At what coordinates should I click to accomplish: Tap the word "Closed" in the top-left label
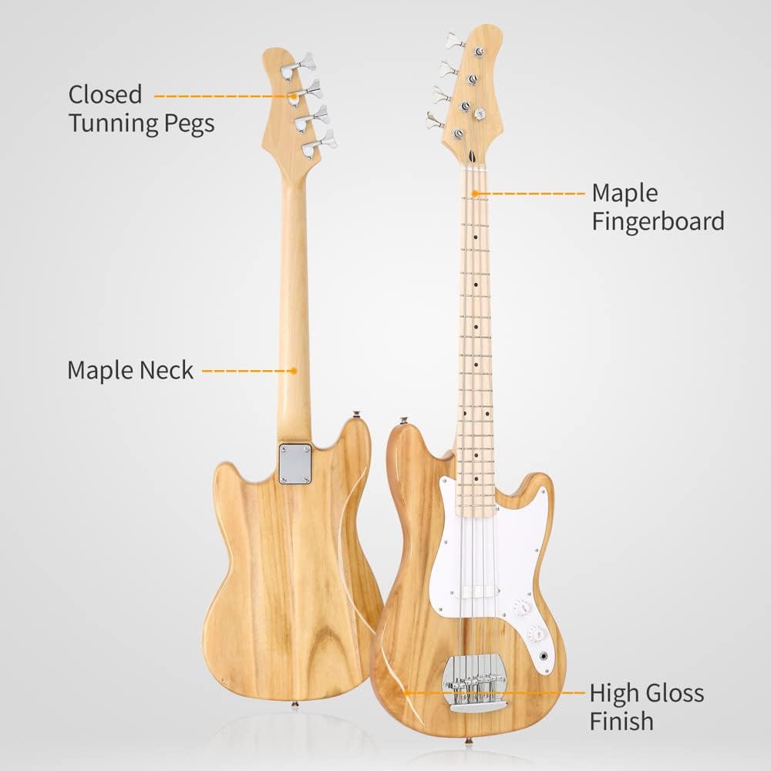[106, 95]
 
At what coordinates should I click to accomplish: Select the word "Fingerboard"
[658, 222]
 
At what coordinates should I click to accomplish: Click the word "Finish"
[621, 722]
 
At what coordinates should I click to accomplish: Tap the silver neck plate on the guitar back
[295, 464]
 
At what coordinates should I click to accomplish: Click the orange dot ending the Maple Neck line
[294, 371]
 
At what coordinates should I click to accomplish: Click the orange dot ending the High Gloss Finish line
[406, 692]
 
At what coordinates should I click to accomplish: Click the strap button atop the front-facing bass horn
[402, 421]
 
